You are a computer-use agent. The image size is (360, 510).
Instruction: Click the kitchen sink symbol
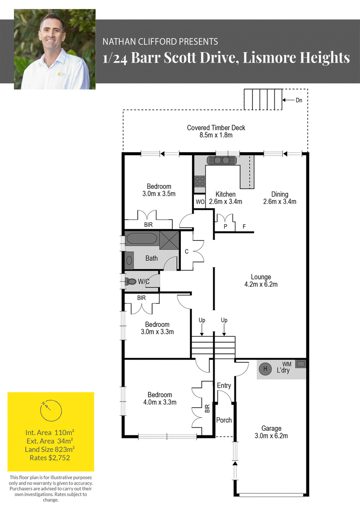click(221, 160)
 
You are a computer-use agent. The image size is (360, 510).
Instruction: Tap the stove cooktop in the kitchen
click(200, 181)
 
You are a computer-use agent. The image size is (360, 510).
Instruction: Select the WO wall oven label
click(200, 202)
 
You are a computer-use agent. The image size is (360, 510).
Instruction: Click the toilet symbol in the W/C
click(131, 281)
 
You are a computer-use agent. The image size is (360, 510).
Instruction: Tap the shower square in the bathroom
click(169, 240)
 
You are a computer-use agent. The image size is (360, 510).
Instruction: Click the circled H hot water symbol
click(265, 369)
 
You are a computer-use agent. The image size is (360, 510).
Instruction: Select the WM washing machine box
click(301, 364)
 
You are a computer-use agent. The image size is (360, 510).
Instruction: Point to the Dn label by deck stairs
click(299, 100)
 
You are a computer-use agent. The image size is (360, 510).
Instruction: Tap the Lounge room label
click(261, 277)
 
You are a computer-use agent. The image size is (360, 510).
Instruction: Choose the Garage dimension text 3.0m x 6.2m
click(271, 436)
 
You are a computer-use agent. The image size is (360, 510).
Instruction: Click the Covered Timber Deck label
click(216, 128)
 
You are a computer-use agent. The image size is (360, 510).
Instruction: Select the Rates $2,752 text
click(50, 458)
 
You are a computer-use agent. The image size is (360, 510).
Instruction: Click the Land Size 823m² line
click(50, 450)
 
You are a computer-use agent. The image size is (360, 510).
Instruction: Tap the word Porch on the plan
click(224, 420)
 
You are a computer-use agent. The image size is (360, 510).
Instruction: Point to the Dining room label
click(279, 194)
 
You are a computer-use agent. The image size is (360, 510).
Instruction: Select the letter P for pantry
click(225, 226)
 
